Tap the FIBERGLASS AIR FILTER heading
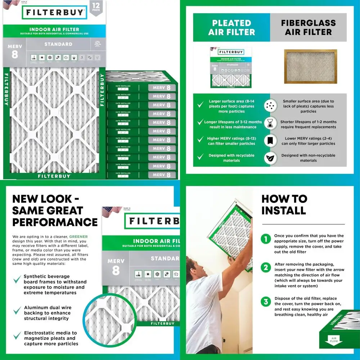(308, 27)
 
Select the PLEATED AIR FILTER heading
(231, 27)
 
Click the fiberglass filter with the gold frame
(310, 66)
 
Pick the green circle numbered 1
(266, 239)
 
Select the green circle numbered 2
(266, 267)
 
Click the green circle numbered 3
(266, 301)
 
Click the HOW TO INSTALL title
(284, 204)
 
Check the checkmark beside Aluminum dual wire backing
(17, 310)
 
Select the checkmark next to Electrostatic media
(17, 336)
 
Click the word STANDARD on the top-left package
(58, 44)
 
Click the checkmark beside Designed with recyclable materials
(200, 157)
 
